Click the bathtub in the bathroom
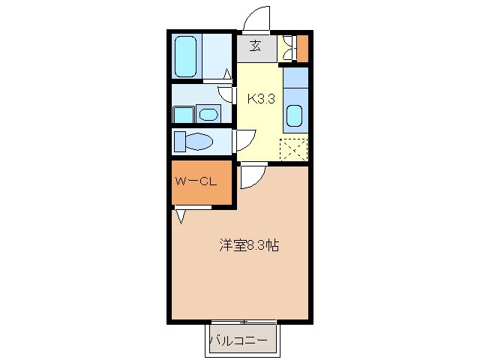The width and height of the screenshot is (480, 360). (186, 56)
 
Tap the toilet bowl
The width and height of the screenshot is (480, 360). (199, 142)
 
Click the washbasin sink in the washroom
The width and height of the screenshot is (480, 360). (208, 115)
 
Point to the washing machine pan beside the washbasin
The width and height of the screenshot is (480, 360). (183, 115)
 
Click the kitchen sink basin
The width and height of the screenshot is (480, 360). (295, 117)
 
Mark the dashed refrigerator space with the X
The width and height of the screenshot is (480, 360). (295, 148)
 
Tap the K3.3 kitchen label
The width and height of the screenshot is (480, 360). (259, 97)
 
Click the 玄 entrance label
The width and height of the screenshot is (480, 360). (255, 47)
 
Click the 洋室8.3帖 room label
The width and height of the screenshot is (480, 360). (249, 245)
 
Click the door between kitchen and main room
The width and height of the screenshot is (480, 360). (252, 177)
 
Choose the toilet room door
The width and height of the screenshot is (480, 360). (244, 140)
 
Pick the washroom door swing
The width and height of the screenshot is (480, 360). (226, 94)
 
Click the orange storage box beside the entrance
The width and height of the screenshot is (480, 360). (303, 49)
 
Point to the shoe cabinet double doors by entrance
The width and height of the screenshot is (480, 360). (286, 49)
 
